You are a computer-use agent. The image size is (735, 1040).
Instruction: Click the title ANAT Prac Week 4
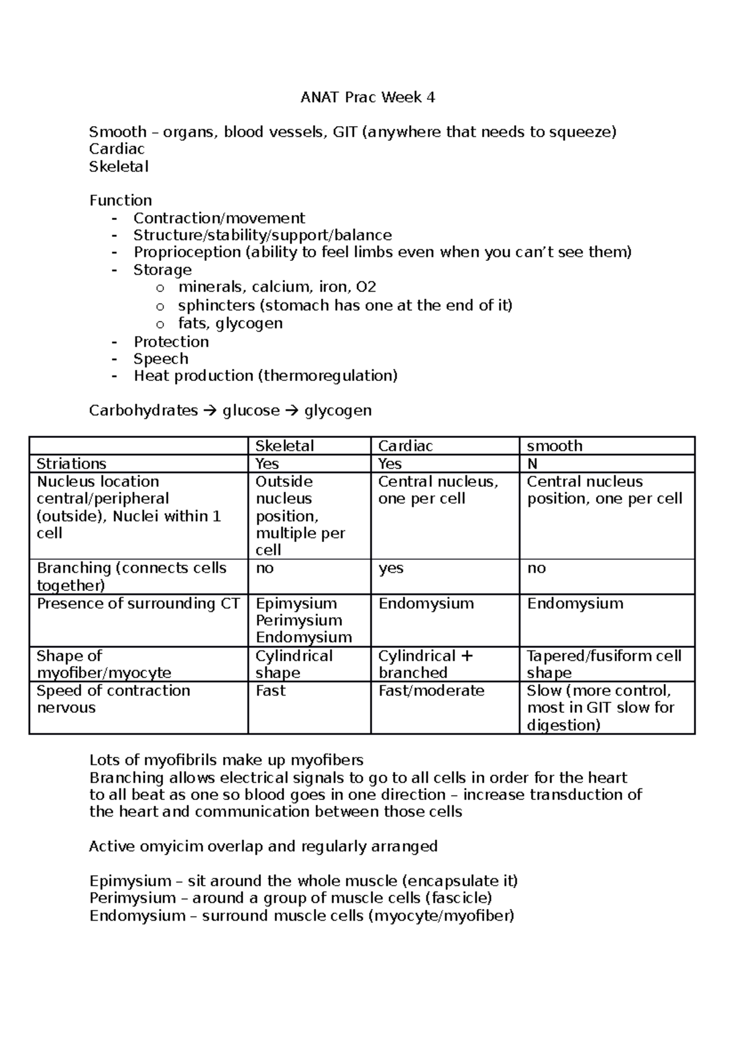367,97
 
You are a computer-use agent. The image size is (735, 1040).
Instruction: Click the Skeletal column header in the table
284,446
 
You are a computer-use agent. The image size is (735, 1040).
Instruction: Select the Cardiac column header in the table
405,446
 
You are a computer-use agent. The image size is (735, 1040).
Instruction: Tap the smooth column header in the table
554,446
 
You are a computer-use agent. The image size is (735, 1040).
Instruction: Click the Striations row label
71,464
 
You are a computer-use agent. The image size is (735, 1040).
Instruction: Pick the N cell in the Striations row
532,464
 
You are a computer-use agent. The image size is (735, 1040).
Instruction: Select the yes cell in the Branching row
391,568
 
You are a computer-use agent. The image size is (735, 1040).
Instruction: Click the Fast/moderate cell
431,691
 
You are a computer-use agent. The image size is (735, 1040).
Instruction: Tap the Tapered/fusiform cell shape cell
603,664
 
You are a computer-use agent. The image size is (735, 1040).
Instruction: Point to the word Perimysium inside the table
299,620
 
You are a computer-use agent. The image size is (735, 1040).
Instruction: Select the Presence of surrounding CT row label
138,603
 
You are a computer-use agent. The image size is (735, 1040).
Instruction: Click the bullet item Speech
160,359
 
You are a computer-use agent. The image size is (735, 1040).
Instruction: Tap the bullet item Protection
171,342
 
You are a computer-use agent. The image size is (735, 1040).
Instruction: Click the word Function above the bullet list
121,200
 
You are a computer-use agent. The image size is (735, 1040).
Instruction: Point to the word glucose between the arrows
251,410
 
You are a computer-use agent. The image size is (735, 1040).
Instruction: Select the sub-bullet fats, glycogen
230,323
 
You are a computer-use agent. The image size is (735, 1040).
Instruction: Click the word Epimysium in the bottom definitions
129,881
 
